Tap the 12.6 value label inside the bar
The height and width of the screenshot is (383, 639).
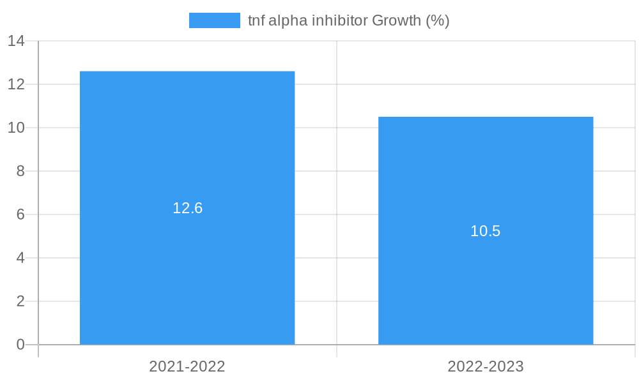click(187, 208)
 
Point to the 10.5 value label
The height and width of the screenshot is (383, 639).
click(486, 231)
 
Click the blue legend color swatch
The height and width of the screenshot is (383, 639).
click(215, 20)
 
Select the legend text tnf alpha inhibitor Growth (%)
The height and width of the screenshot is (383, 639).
click(348, 20)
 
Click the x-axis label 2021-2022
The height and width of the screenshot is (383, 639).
click(187, 366)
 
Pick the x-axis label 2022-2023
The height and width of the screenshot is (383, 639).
click(486, 366)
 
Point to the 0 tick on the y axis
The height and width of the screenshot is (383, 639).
click(20, 345)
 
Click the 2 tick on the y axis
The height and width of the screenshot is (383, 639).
click(20, 301)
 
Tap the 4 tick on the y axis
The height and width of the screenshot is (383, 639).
click(20, 258)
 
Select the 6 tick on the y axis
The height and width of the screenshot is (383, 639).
click(20, 214)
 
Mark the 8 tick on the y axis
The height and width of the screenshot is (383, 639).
click(20, 171)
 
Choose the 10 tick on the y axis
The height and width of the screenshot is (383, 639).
click(16, 128)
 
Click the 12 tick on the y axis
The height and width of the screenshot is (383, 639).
click(16, 84)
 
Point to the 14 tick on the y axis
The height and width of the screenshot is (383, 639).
click(16, 41)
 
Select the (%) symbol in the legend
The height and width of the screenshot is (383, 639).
click(438, 20)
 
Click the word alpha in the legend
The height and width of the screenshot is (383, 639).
click(288, 20)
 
